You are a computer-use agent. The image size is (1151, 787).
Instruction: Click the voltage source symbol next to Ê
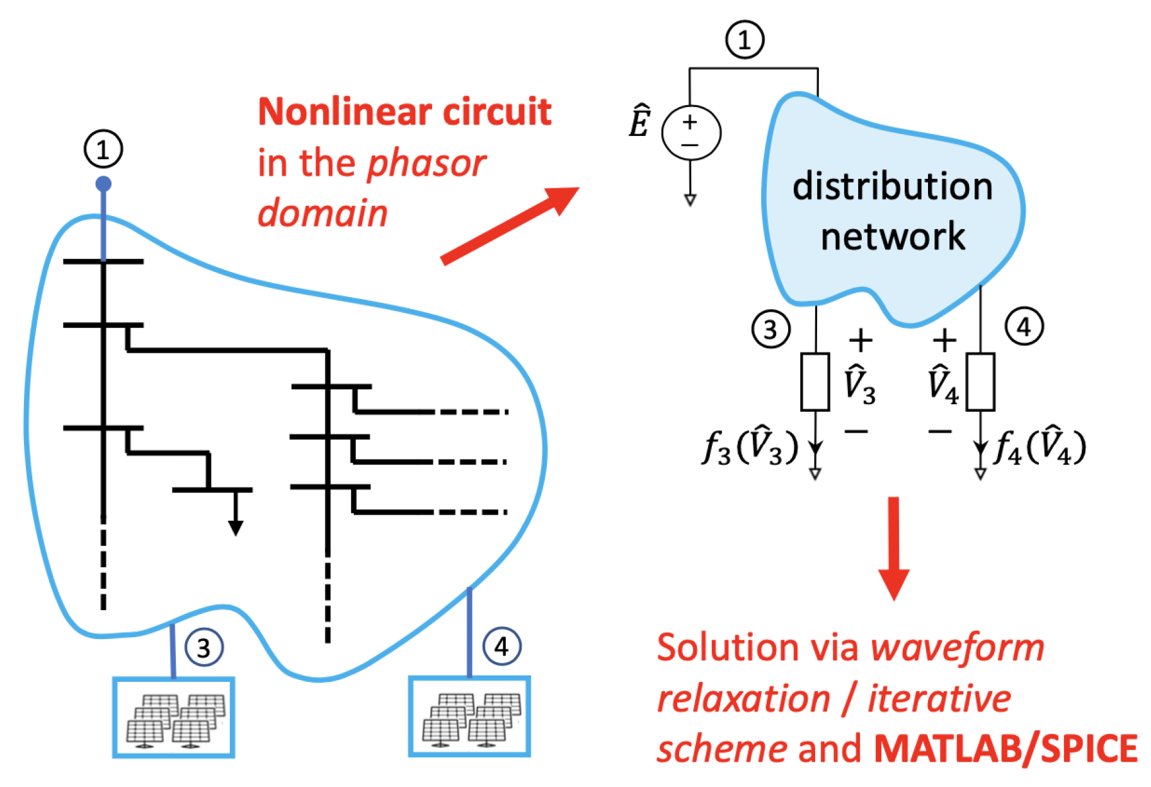(x=690, y=133)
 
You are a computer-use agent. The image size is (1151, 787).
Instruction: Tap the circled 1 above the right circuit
(x=745, y=40)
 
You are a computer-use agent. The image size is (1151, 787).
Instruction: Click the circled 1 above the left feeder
(x=103, y=149)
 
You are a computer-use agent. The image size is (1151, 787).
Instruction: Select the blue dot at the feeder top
(x=103, y=184)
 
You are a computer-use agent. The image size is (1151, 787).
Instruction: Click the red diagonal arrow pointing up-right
(x=509, y=225)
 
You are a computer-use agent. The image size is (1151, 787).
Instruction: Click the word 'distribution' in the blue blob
(x=892, y=186)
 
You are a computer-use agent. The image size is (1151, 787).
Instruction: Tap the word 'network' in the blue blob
(x=893, y=237)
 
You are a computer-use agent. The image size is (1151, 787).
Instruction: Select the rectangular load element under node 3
(x=815, y=382)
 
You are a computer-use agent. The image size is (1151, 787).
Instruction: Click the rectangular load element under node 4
(x=980, y=382)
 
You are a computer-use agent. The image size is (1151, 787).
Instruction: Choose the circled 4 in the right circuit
(x=1024, y=327)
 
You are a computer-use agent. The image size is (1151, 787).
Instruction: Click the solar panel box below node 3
(x=173, y=717)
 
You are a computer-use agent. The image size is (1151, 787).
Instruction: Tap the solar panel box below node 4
(x=469, y=716)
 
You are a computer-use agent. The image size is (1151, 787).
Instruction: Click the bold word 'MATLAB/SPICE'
(x=1005, y=749)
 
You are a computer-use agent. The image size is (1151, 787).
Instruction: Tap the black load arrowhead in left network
(x=236, y=528)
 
